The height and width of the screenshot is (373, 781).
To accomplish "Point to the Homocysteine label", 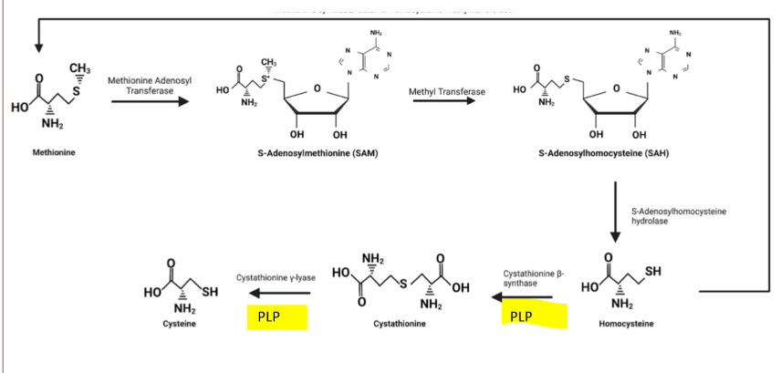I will [x=623, y=324].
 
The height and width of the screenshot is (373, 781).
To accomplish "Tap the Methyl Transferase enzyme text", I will [x=447, y=92].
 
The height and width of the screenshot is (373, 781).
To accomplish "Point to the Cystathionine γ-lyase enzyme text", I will [x=275, y=275].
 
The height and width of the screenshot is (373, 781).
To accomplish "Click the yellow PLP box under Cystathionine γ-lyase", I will [x=276, y=316].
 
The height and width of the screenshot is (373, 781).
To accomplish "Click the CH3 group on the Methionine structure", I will [x=78, y=68].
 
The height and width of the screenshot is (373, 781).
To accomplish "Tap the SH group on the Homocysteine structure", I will [x=653, y=271].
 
